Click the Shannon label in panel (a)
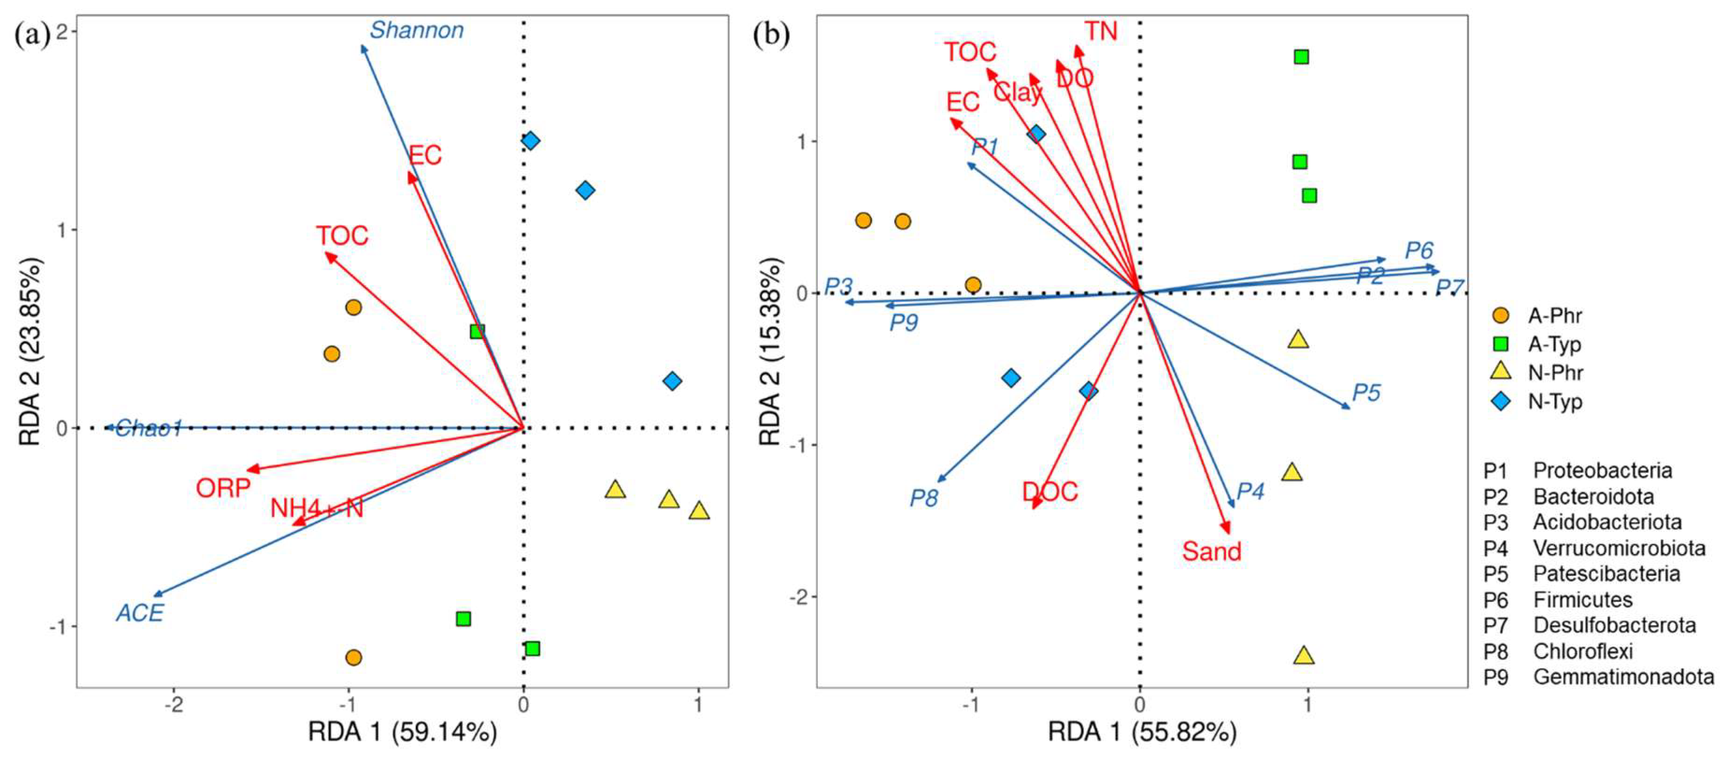(x=416, y=30)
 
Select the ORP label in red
(x=223, y=488)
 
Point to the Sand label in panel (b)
(x=1211, y=551)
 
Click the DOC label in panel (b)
(x=1049, y=492)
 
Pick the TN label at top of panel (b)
(x=1101, y=31)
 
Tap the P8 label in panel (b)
(x=924, y=498)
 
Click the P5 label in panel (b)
(x=1366, y=392)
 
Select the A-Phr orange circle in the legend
(x=1501, y=315)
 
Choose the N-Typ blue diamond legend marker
(x=1501, y=401)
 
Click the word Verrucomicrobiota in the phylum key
(x=1619, y=548)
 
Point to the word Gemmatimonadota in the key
(x=1624, y=677)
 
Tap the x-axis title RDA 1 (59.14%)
(x=402, y=732)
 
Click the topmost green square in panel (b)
(x=1301, y=57)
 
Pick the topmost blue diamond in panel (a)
(x=530, y=141)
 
